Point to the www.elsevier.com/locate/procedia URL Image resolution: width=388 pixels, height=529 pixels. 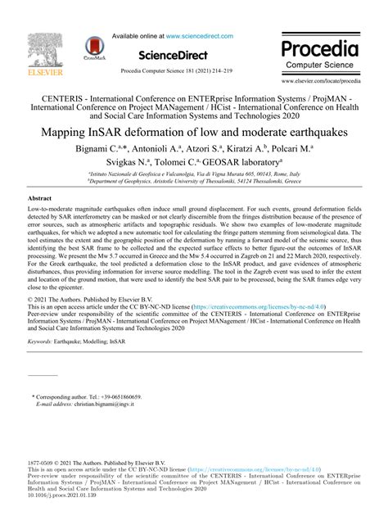322,81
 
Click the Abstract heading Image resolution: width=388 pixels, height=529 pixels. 39,198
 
